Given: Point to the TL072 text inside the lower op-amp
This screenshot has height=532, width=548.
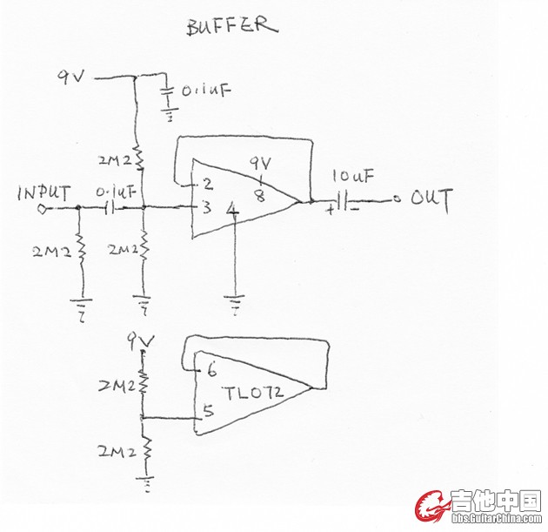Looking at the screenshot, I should (253, 394).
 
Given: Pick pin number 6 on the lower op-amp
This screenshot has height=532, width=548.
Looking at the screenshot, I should (211, 369).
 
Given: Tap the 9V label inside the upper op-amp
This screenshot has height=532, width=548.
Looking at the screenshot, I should (260, 163).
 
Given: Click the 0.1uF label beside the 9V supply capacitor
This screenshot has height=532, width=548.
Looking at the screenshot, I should (203, 90).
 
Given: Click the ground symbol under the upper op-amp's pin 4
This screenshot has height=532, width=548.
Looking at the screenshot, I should (234, 305).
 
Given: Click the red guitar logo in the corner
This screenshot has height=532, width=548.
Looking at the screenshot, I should (431, 506).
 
